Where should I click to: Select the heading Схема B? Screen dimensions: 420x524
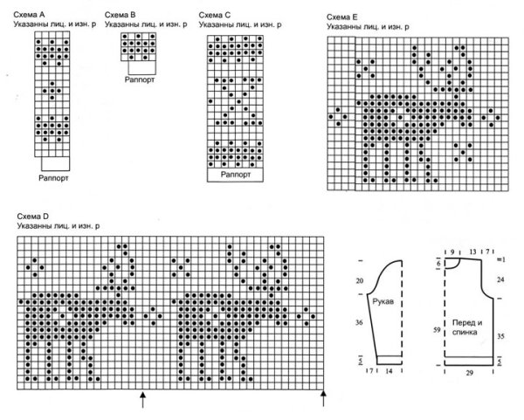click(120, 16)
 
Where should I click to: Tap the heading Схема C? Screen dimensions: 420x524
click(215, 16)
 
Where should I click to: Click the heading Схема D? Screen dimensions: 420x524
click(32, 215)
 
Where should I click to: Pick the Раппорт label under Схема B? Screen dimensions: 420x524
click(144, 78)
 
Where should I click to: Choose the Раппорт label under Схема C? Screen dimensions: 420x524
click(237, 175)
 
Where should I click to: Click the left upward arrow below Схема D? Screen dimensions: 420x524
click(142, 398)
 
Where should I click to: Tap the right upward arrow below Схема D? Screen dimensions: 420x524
click(324, 398)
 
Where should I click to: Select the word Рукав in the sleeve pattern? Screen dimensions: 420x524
click(383, 301)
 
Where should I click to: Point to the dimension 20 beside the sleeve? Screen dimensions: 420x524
click(359, 281)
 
